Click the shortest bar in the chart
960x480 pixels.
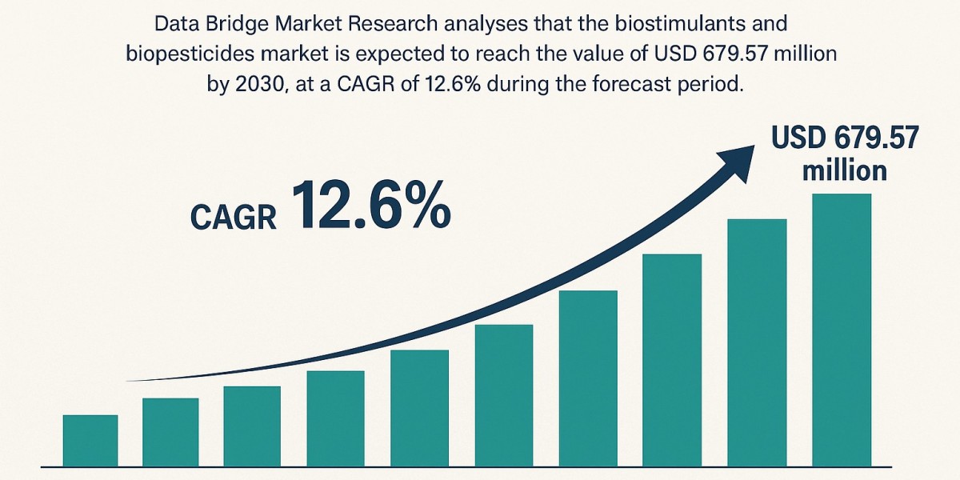point(90,441)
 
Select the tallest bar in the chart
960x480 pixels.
point(842,330)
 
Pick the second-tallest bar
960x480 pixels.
point(757,343)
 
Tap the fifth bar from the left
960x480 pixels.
point(419,409)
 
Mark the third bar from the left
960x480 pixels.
point(252,426)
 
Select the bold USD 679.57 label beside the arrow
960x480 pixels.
point(845,138)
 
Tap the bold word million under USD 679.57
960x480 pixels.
point(845,170)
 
